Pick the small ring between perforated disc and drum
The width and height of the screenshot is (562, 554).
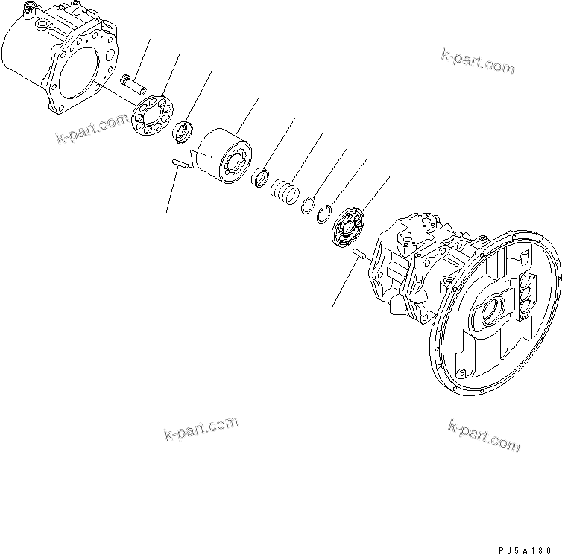coord(183,133)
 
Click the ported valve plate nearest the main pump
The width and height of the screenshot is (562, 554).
coord(349,228)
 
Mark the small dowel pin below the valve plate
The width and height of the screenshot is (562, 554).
coord(358,254)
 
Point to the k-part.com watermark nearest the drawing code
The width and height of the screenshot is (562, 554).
coord(484,436)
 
